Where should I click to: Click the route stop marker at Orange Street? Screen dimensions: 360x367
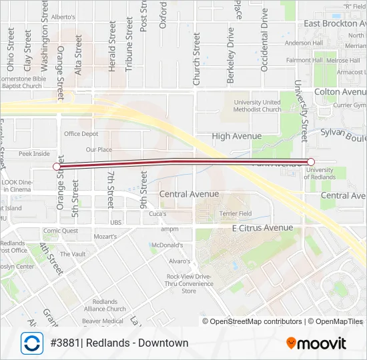tap(56, 167)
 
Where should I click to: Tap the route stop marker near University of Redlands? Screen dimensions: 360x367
tap(311, 162)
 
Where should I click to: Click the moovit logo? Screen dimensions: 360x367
tap(316, 343)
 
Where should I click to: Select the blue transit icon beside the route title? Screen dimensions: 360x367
tap(31, 343)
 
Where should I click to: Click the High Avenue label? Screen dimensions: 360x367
tap(237, 136)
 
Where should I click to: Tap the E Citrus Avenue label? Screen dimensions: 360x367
tap(262, 228)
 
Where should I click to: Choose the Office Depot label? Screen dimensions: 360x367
tap(81, 134)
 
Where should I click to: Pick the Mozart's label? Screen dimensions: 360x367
tap(105, 236)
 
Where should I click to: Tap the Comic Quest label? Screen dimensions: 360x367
tap(61, 231)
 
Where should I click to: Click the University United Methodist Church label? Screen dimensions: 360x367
tap(257, 106)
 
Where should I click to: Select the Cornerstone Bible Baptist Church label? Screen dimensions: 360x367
tap(22, 82)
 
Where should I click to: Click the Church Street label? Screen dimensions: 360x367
tap(196, 59)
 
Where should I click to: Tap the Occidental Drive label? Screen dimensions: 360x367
tap(264, 40)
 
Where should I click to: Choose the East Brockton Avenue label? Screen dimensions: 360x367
tap(335, 23)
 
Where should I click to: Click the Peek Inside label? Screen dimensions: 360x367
tap(34, 153)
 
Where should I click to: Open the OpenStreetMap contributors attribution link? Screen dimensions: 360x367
tap(252, 321)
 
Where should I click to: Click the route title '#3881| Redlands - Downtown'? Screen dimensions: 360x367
tap(119, 343)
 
